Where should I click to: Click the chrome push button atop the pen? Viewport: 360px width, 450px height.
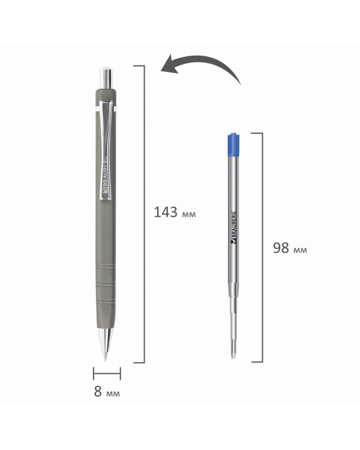pyautogui.click(x=106, y=78)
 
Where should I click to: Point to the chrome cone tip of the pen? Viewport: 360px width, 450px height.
pyautogui.click(x=106, y=343)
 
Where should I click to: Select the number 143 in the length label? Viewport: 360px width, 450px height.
pyautogui.click(x=166, y=212)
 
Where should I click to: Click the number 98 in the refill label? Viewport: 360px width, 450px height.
pyautogui.click(x=281, y=248)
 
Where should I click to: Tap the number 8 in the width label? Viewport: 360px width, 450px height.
pyautogui.click(x=98, y=391)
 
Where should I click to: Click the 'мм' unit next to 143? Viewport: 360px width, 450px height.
pyautogui.click(x=189, y=214)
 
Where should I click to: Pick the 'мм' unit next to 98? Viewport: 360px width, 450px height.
pyautogui.click(x=300, y=250)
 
